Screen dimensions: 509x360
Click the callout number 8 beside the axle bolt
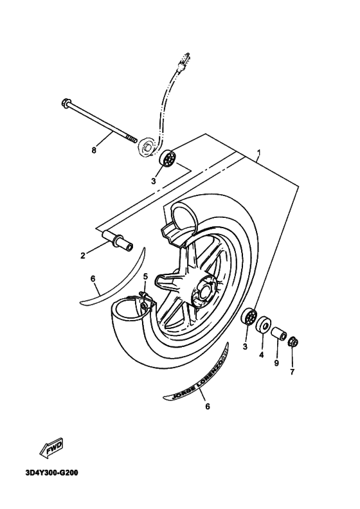(94, 150)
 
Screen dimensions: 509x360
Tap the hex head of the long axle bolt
(66, 102)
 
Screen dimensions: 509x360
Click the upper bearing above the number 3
(170, 158)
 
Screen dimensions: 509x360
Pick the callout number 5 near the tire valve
(145, 276)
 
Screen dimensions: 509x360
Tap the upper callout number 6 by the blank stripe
(93, 278)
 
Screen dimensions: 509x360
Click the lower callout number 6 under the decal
(207, 406)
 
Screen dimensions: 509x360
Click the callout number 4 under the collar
(262, 354)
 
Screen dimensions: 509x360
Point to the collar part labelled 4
(263, 326)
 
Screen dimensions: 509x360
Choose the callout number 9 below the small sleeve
(276, 363)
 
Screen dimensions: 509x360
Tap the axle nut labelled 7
(292, 341)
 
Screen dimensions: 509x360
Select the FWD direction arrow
(51, 451)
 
